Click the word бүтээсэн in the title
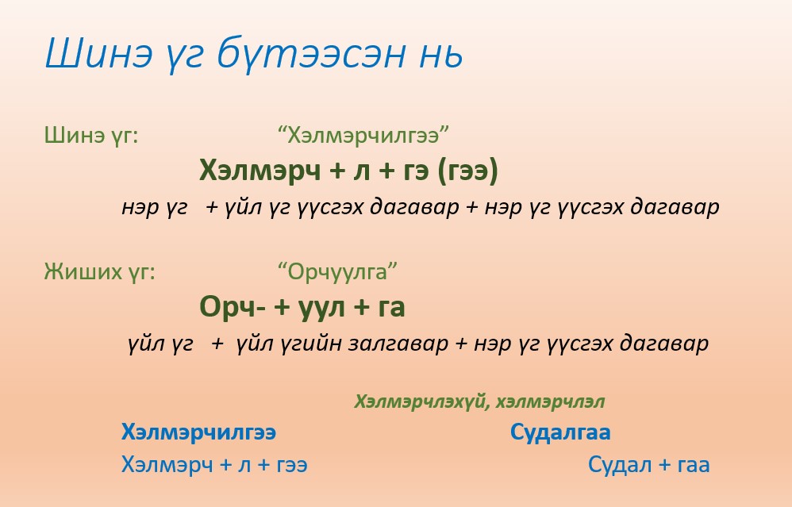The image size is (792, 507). point(311,54)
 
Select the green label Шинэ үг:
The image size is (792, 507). point(91,136)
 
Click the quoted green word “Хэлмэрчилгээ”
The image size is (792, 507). point(363,136)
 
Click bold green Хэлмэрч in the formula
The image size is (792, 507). point(260,170)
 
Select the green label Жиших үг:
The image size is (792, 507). point(99,272)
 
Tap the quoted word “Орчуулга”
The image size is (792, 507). point(337,272)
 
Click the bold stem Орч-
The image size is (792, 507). point(232,306)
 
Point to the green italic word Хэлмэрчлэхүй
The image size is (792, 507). point(422,402)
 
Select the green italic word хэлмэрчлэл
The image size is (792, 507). point(550,402)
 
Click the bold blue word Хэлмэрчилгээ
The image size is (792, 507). point(198,432)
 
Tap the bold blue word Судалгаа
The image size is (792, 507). point(560,432)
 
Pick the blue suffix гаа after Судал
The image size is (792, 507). point(693,466)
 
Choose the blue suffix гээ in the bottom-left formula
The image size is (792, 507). point(292,466)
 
